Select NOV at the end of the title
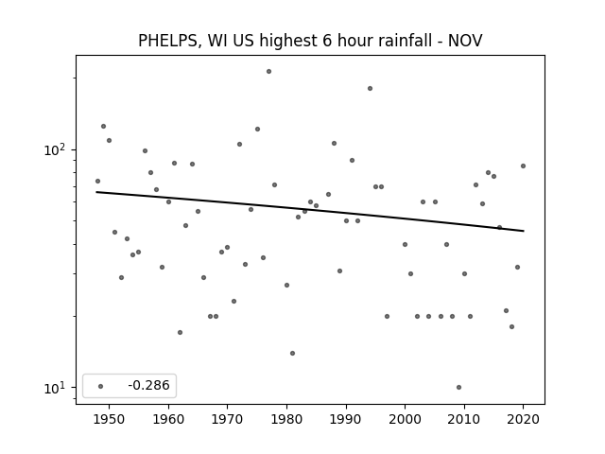(465, 40)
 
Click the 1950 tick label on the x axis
(109, 419)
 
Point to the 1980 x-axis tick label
(286, 419)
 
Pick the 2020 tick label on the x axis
(523, 419)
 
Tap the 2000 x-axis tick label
(405, 419)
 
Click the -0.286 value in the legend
(148, 385)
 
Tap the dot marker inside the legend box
(100, 386)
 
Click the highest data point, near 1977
(268, 72)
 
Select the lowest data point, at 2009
(458, 387)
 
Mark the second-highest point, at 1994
(370, 88)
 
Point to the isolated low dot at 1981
(292, 353)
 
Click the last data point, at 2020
(523, 166)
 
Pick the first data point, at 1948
(97, 181)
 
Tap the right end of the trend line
(524, 231)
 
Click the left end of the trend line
(96, 192)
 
